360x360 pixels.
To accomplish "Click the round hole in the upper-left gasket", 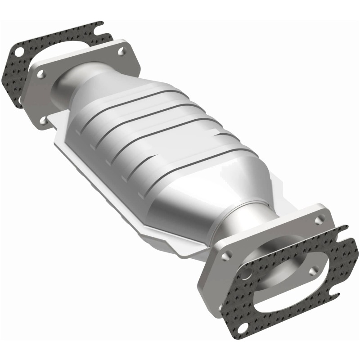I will [18, 51].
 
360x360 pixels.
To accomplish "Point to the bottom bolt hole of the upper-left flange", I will [43, 120].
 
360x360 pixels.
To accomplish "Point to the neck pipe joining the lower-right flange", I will [234, 229].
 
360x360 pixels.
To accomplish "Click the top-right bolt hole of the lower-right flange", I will [319, 220].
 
